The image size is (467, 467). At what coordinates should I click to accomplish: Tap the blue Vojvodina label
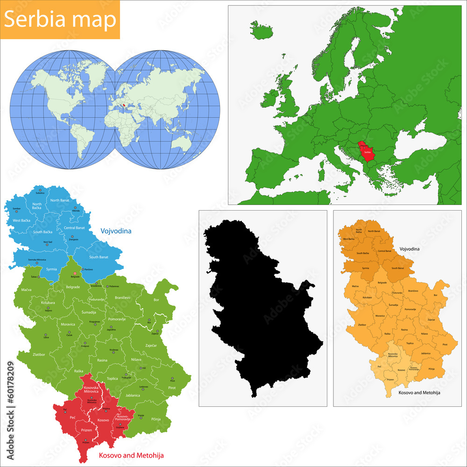tap(115, 231)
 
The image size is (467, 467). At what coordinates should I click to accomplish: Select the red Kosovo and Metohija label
tap(131, 455)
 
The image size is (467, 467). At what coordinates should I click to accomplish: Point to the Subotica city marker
tap(40, 190)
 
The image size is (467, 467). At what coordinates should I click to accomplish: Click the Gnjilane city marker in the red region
tap(120, 425)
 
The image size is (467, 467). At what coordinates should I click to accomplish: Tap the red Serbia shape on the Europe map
tap(365, 152)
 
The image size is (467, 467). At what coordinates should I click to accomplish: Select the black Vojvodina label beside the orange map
tap(410, 249)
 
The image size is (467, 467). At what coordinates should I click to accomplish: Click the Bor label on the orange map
tap(435, 295)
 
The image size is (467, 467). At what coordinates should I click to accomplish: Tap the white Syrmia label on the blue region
tap(52, 269)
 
